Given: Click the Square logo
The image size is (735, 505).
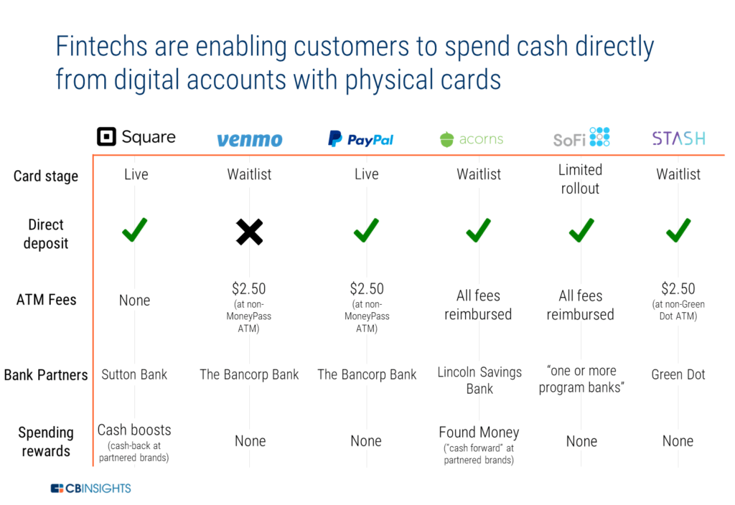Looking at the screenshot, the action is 136,137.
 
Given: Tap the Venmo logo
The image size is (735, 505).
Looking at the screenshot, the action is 249,140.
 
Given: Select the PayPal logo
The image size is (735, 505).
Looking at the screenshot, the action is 360,138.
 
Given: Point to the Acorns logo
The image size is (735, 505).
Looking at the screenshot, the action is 472,139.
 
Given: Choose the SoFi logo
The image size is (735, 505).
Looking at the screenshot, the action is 581,137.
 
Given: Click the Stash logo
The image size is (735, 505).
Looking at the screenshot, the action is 678,138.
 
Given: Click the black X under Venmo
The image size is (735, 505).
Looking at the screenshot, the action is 249,232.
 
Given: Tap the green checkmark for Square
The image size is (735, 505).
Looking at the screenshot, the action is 134,230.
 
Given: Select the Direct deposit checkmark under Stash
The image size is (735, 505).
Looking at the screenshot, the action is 678,230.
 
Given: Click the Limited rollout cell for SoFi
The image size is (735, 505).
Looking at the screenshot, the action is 580,179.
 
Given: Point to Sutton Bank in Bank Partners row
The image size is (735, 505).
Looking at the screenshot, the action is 134,374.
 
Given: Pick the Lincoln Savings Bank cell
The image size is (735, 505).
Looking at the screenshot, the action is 479,380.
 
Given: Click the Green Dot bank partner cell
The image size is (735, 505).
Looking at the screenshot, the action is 678,374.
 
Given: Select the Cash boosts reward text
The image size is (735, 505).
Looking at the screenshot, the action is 134,430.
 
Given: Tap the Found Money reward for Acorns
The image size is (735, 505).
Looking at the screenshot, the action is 479,432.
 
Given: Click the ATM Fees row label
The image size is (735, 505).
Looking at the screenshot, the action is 47,299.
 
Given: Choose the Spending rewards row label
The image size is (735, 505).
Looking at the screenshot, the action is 46,441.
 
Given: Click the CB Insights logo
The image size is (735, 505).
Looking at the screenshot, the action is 91,488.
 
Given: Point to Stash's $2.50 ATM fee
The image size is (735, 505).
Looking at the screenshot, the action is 678,288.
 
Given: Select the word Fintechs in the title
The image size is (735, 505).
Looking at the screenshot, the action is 102,47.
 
